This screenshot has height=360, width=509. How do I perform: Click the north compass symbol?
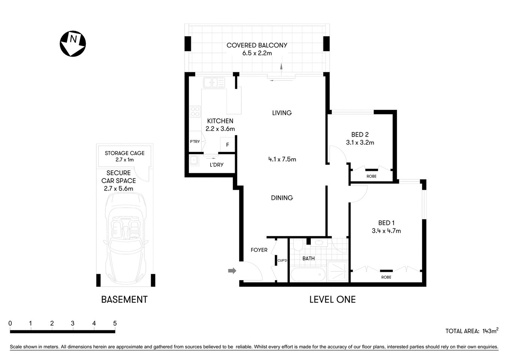click(73, 43)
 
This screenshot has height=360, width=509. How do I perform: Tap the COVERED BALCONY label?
click(257, 45)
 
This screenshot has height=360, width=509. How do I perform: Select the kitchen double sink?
click(214, 82)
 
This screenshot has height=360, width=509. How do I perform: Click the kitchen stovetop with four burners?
click(195, 111)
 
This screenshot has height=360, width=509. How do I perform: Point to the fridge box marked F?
click(227, 145)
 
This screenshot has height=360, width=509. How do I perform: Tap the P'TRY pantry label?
click(195, 141)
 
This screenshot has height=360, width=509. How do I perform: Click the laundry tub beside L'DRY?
click(194, 160)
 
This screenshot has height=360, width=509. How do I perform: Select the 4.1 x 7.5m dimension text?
click(282, 159)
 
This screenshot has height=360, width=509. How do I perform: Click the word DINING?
click(282, 198)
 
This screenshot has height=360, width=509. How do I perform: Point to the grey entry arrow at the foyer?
click(232, 270)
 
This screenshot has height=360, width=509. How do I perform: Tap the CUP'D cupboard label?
click(282, 260)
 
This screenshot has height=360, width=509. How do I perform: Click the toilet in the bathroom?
click(298, 246)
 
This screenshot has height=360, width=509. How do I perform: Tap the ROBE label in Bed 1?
click(386, 277)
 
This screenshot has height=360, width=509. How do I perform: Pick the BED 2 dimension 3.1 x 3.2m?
click(360, 142)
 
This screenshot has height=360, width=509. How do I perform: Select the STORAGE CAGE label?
click(124, 153)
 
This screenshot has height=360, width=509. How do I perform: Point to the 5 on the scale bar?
click(115, 323)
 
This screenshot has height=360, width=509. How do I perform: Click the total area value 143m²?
click(490, 331)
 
